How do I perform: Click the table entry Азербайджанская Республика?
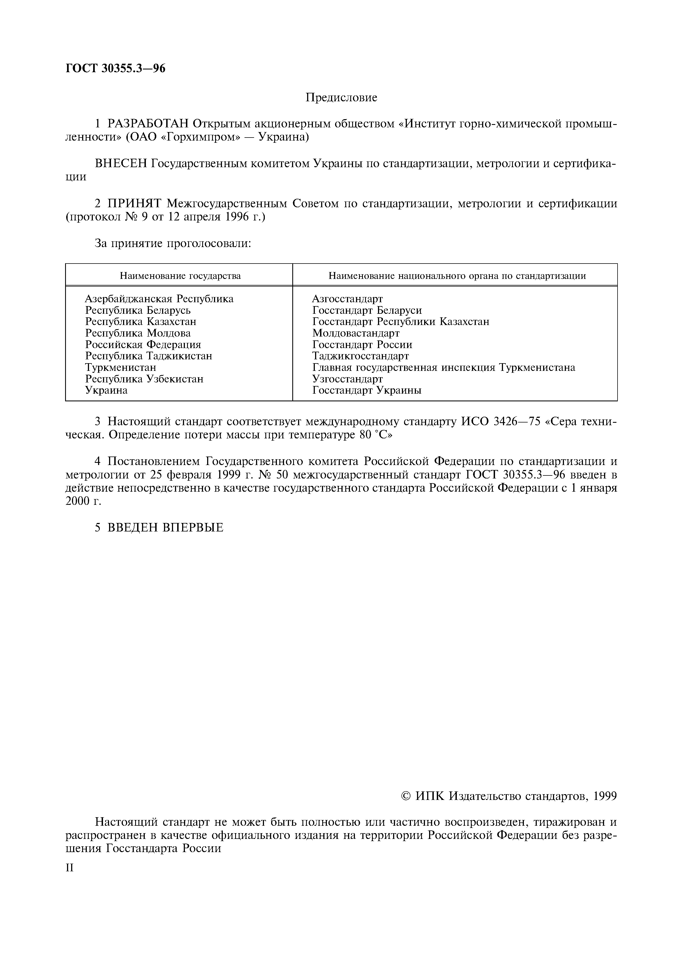point(159,299)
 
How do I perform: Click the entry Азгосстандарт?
point(348,299)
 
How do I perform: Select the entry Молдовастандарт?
point(356,333)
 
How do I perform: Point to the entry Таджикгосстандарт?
point(360,356)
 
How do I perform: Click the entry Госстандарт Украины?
point(367,390)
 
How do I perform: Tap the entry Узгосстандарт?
point(348,379)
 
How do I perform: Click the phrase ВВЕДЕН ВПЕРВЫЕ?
point(165,528)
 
